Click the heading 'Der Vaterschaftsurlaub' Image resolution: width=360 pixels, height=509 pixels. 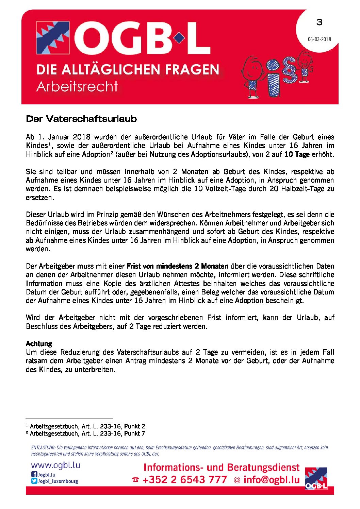click(x=81, y=119)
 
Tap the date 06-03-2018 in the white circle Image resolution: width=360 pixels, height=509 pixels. click(x=319, y=39)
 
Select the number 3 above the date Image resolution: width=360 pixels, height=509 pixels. click(x=319, y=22)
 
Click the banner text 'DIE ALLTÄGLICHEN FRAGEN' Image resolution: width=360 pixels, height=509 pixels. click(x=128, y=70)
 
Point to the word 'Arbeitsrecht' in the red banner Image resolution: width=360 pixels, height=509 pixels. click(x=77, y=86)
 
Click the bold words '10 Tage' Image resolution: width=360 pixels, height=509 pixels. click(x=297, y=154)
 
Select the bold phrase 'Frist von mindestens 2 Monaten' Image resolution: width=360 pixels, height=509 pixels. click(x=177, y=266)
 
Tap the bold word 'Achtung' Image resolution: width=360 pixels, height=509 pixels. click(x=39, y=344)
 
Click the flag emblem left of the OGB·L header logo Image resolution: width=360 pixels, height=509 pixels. click(x=53, y=38)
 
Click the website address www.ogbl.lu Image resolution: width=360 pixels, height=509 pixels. click(x=55, y=465)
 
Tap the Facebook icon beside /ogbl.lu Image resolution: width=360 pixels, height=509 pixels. click(x=34, y=474)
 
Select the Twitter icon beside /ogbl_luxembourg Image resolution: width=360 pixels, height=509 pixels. click(x=34, y=481)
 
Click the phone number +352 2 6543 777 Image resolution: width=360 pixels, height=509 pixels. click(x=184, y=480)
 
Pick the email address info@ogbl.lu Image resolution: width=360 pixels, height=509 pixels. click(x=272, y=480)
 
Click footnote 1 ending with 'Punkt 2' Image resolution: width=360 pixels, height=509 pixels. click(x=87, y=426)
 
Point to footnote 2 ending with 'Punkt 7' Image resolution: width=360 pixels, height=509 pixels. click(x=87, y=434)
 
